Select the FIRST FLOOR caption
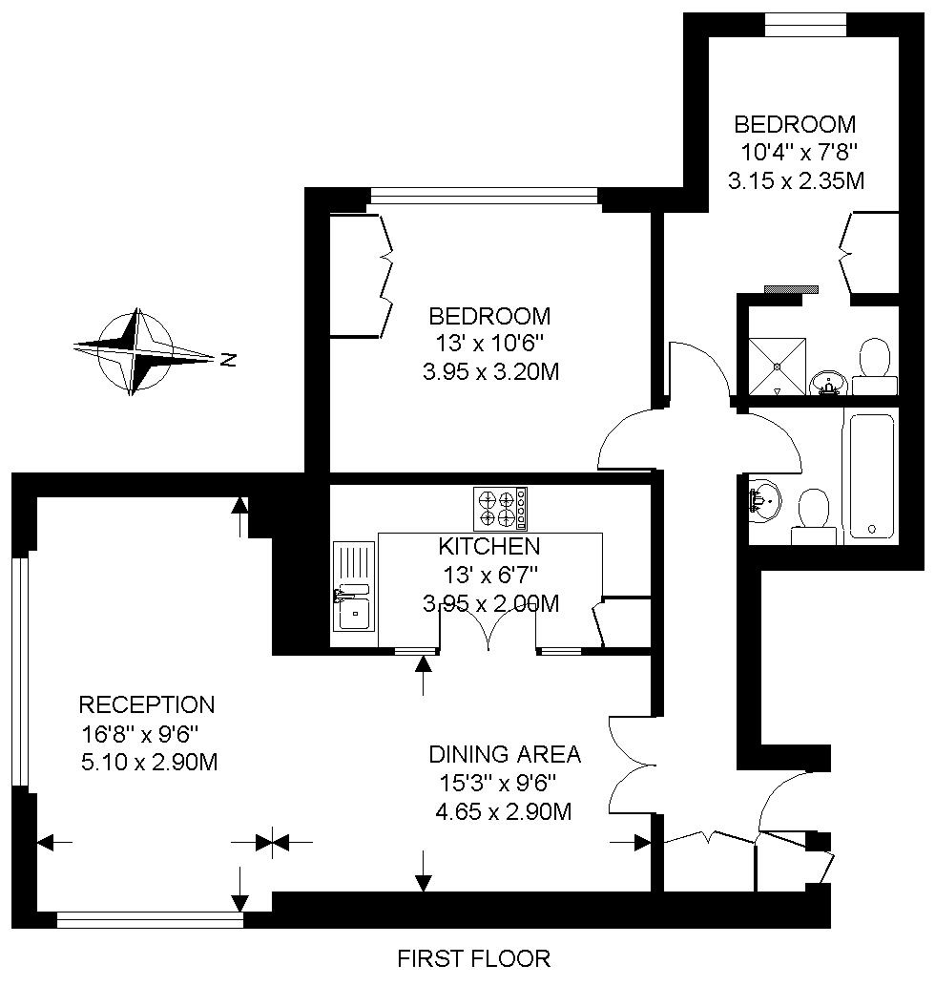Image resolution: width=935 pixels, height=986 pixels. point(474,958)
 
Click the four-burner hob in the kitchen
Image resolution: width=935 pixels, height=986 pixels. point(500,509)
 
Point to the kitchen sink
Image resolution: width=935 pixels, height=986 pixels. point(354,586)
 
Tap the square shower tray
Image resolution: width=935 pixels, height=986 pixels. point(777,366)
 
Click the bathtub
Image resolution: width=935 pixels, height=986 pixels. point(872,476)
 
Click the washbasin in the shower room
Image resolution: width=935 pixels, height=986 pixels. point(829,383)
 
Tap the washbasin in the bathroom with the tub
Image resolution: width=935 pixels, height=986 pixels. point(765,501)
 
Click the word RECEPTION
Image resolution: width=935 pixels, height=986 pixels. point(147,705)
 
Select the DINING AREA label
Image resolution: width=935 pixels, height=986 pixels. point(505,754)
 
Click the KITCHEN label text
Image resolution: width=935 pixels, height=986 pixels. point(488,546)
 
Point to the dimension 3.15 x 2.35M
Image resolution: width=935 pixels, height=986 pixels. point(796,181)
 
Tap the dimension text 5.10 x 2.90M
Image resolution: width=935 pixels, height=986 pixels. point(150,762)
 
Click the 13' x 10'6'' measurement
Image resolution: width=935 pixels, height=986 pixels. point(489,344)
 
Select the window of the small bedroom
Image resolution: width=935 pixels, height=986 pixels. point(805,25)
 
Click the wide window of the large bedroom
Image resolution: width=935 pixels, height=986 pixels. point(483,196)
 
